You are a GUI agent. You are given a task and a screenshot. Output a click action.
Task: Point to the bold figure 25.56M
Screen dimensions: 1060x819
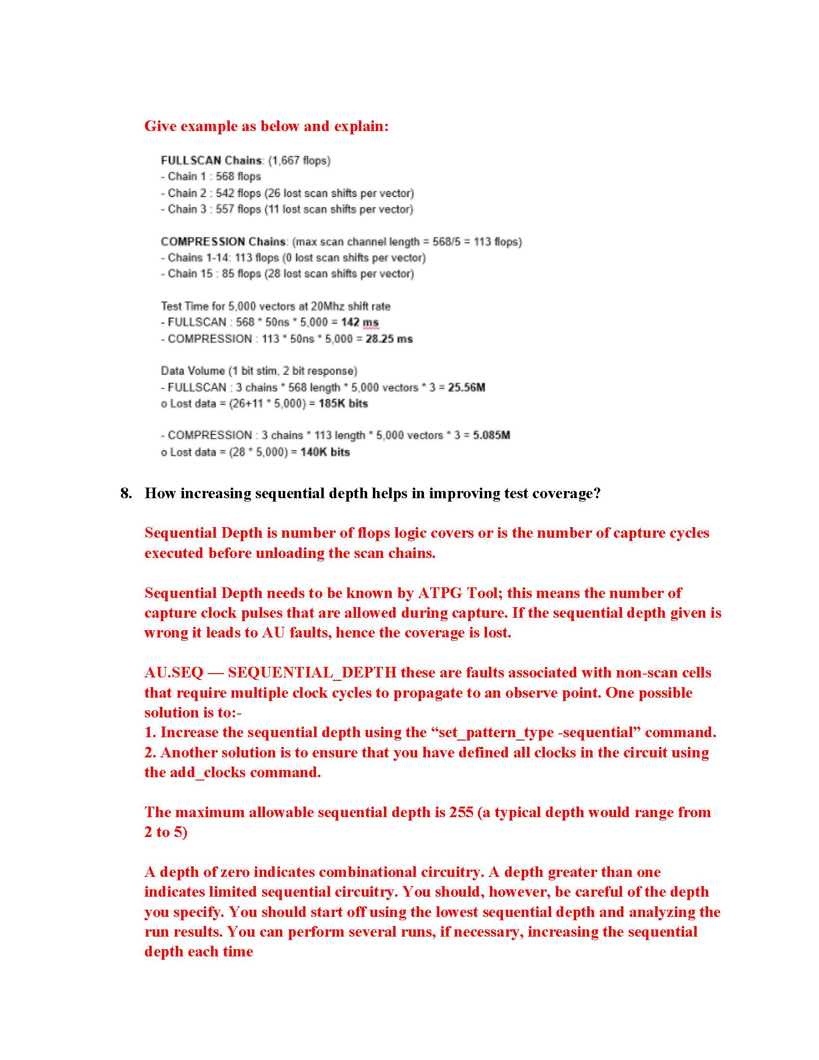point(466,387)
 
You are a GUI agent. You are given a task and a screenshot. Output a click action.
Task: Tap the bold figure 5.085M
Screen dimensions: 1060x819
point(491,435)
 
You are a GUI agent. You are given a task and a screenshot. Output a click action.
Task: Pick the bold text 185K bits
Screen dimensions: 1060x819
point(343,403)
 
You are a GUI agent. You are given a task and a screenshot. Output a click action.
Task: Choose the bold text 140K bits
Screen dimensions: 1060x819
point(325,452)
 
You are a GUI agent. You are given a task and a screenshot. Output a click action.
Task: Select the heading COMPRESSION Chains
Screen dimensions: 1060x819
point(223,241)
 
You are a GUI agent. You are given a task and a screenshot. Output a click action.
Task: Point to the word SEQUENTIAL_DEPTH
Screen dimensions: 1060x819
point(312,672)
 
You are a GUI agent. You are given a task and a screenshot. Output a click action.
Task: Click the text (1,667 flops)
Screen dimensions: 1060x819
point(299,160)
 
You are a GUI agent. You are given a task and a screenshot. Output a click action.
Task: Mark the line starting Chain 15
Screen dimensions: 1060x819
point(287,274)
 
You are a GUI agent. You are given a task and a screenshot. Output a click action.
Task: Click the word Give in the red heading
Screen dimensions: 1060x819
point(161,126)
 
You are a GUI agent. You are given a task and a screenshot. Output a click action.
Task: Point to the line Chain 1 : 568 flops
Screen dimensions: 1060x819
point(211,177)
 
